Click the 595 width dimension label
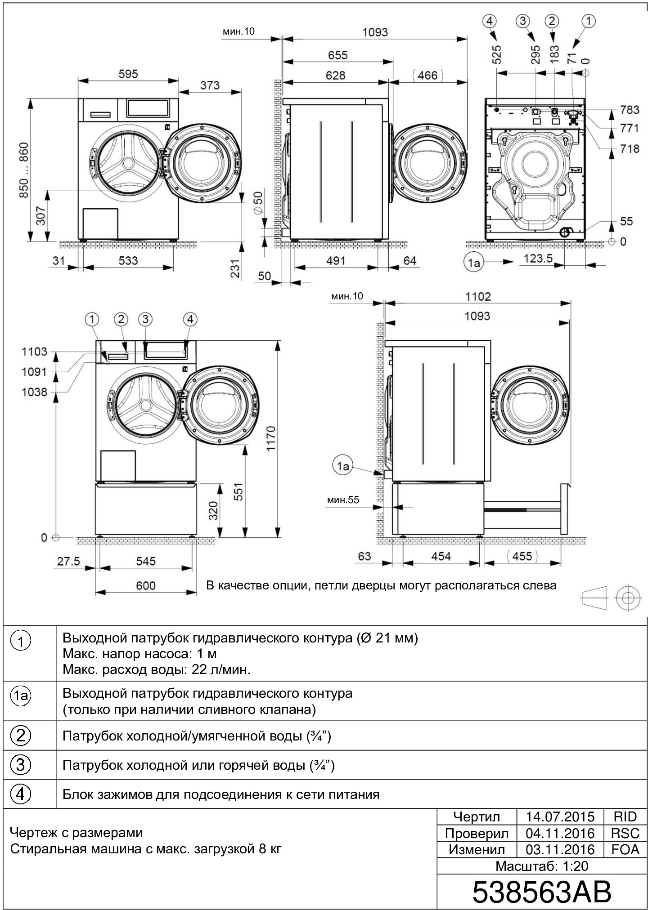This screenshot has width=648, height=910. (x=128, y=74)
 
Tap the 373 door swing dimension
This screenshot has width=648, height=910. (x=210, y=85)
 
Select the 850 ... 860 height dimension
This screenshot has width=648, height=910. (x=24, y=170)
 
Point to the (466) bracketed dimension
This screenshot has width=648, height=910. (x=427, y=75)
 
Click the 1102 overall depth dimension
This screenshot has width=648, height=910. (x=478, y=296)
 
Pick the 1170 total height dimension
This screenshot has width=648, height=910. (x=270, y=438)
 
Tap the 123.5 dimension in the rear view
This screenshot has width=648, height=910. (x=538, y=259)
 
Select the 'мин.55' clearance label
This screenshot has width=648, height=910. (x=343, y=500)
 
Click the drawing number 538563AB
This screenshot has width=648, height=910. (x=541, y=892)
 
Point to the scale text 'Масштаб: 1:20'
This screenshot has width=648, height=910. (x=542, y=866)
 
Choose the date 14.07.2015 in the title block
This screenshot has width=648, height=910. (x=560, y=816)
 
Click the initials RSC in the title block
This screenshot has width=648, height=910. (x=625, y=833)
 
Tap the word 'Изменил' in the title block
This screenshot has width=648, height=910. (x=477, y=849)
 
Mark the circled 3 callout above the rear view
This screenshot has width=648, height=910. (x=522, y=21)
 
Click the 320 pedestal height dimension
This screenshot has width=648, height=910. (x=213, y=510)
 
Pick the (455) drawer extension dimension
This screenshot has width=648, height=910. (x=522, y=556)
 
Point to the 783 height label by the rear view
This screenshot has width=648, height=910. (x=629, y=110)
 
